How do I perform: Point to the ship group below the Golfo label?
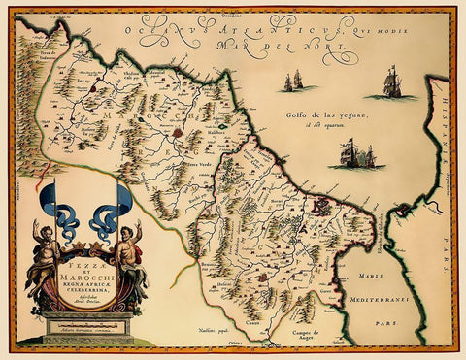tap(354, 152)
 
